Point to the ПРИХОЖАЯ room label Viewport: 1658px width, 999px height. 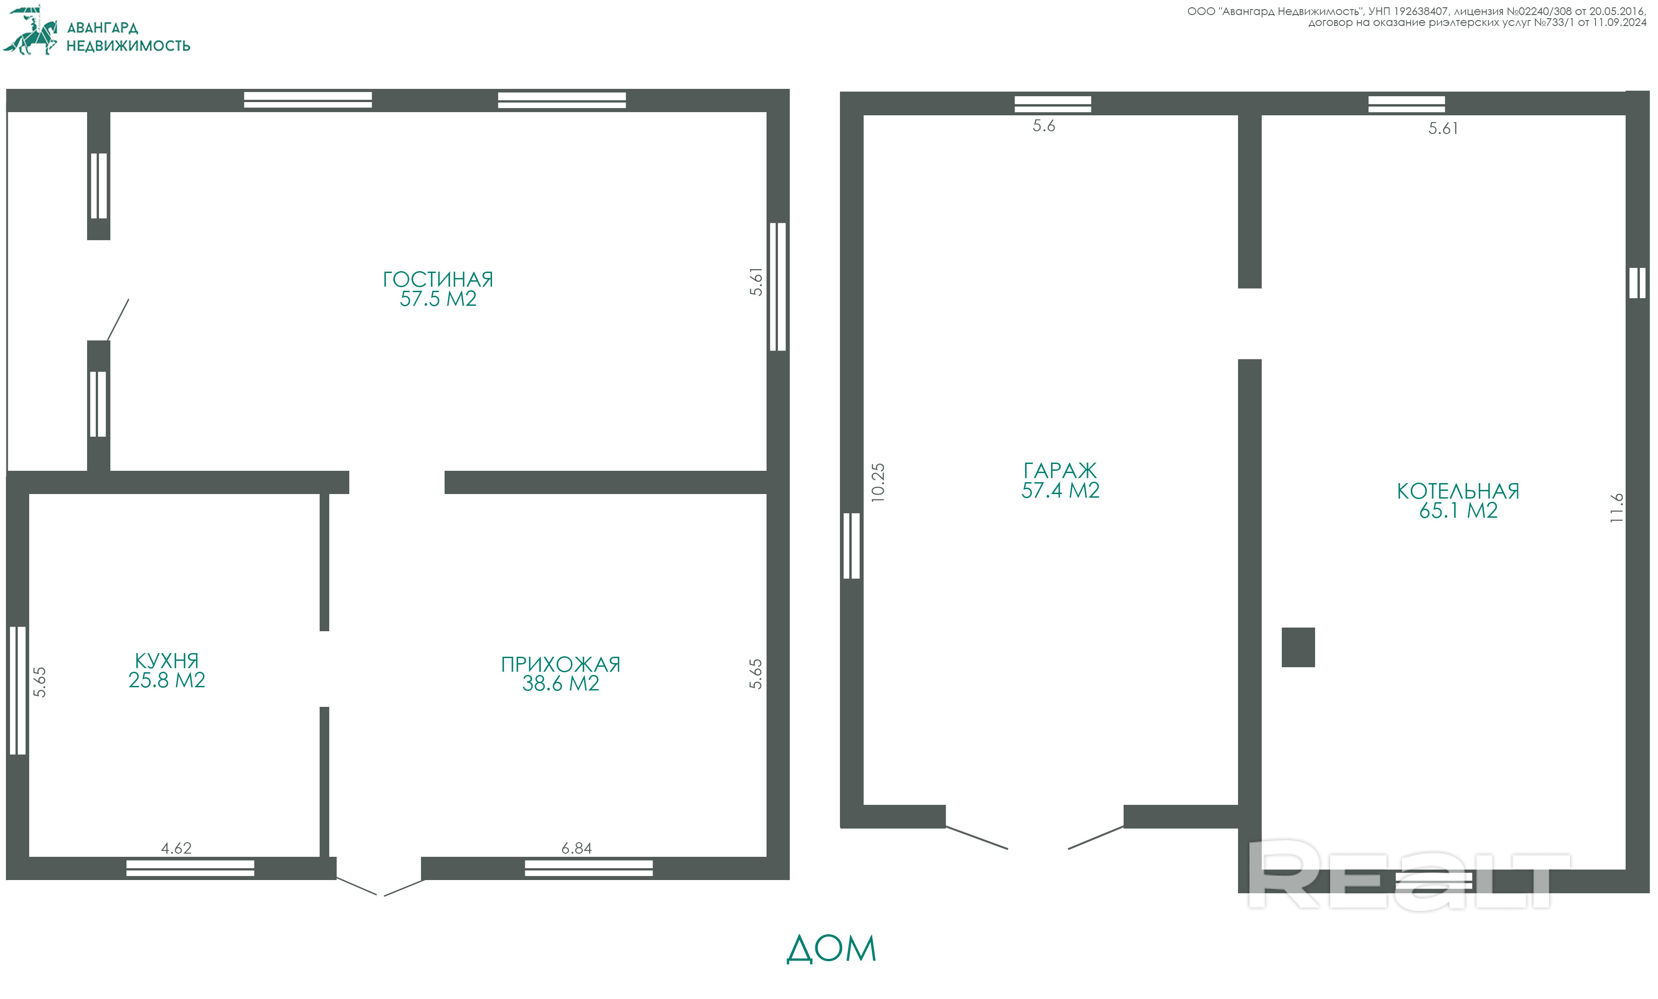click(560, 664)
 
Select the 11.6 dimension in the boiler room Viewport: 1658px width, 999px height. click(1617, 508)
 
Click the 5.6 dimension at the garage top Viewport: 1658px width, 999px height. click(1044, 126)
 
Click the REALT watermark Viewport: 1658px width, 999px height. click(1406, 875)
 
